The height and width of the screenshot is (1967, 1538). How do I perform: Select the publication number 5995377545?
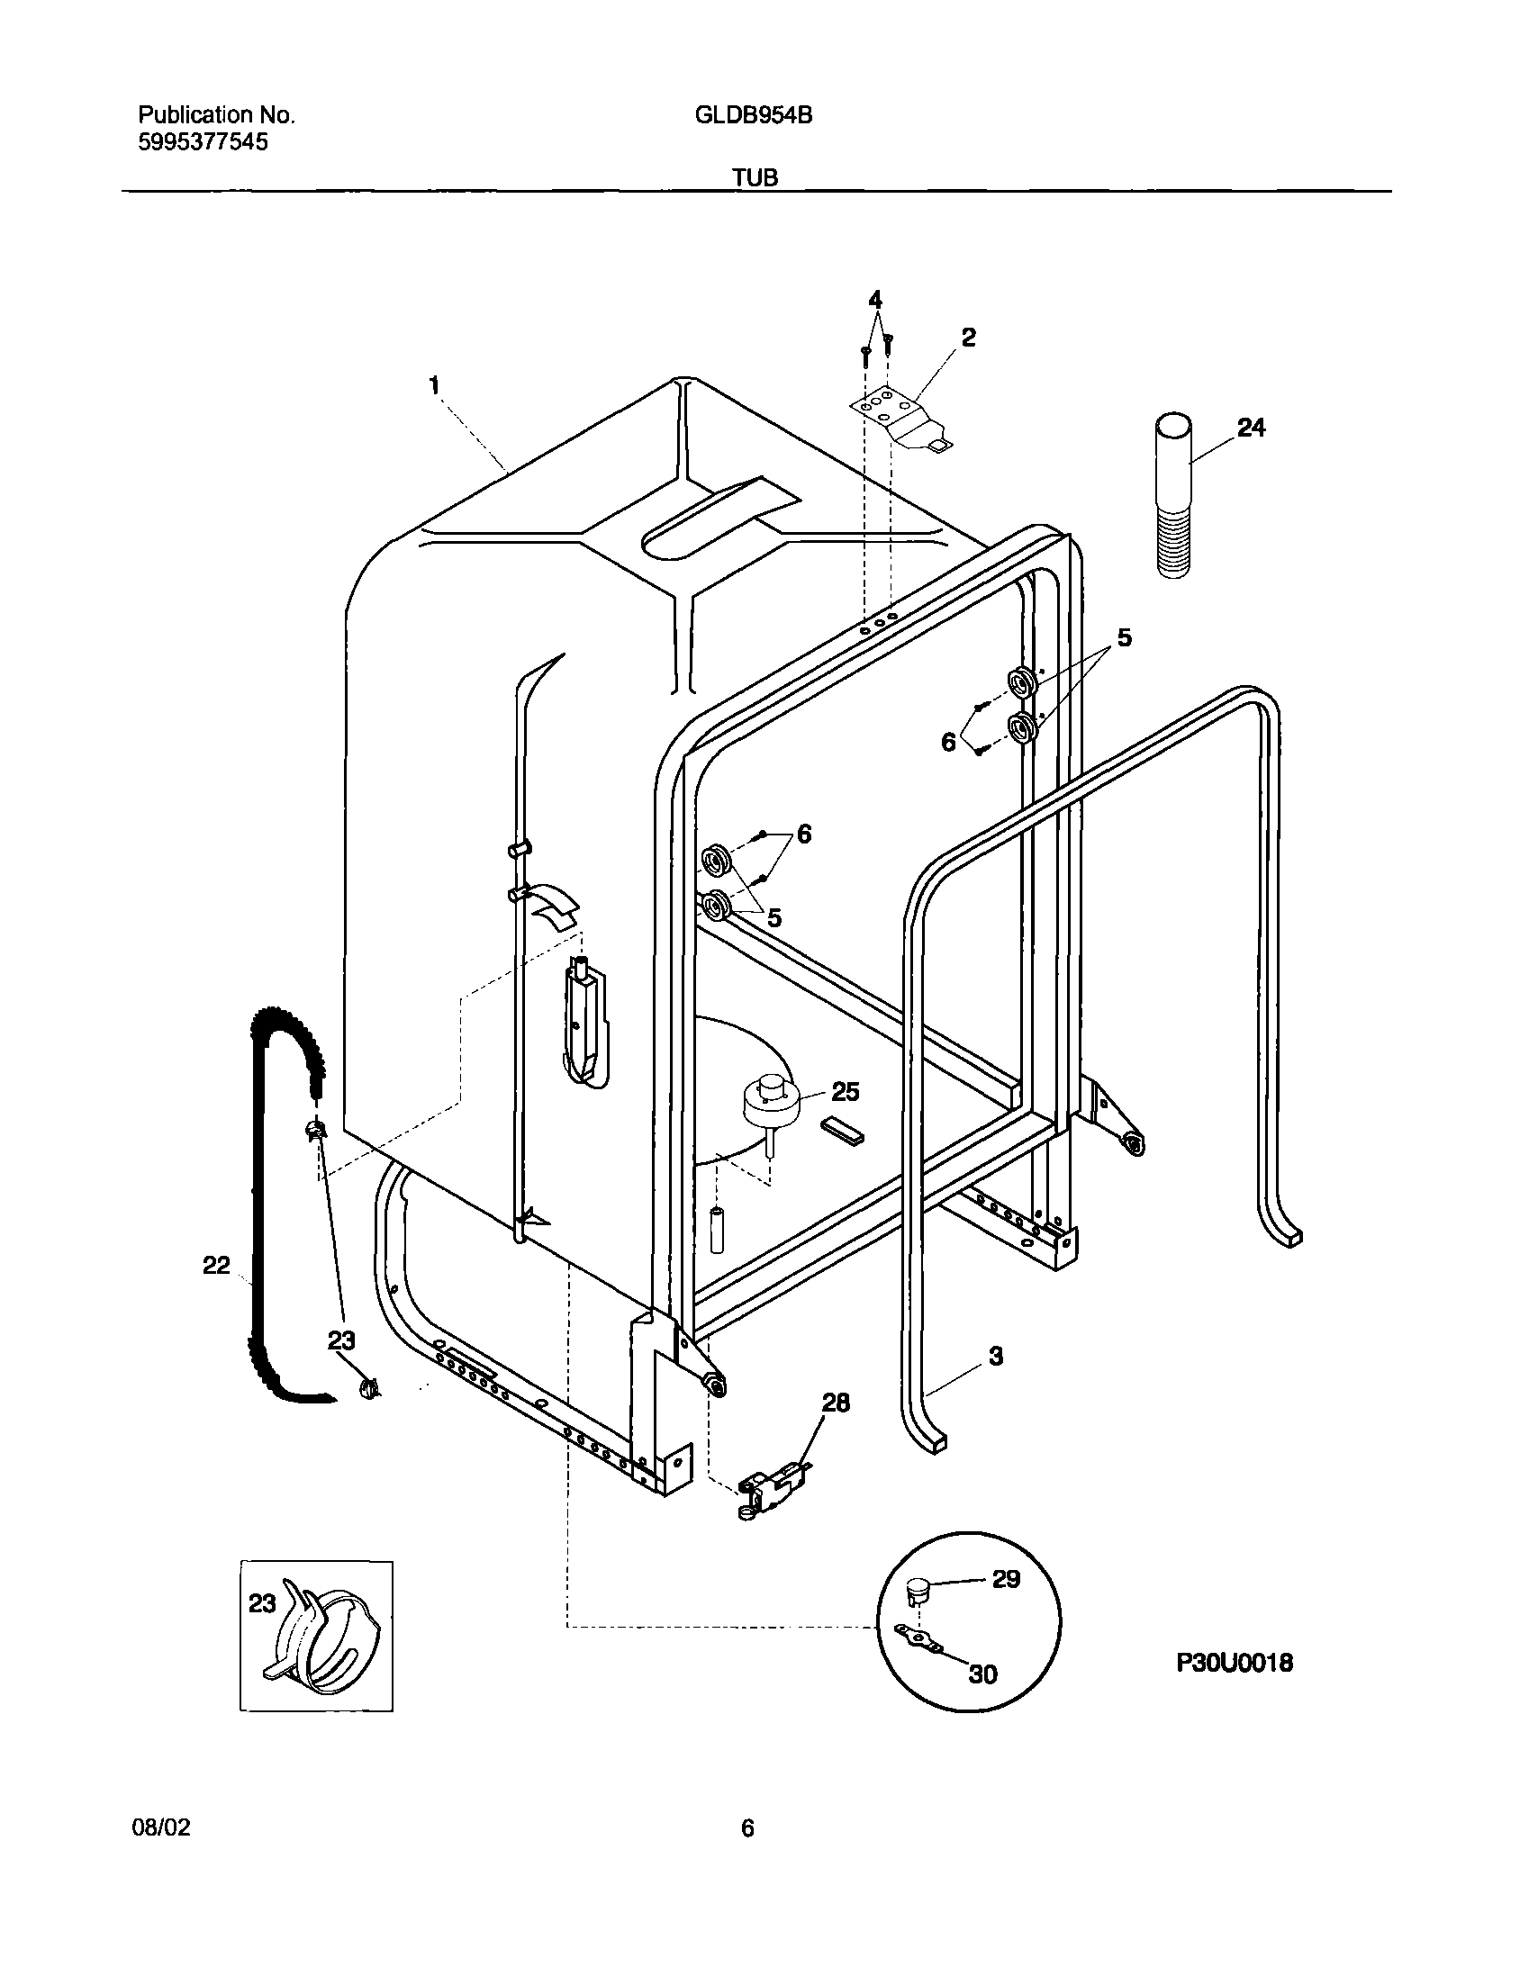point(203,142)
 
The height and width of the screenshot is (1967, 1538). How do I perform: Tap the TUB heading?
point(754,178)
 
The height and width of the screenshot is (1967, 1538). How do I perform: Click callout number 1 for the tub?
point(435,386)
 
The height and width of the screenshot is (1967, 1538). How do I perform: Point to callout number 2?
point(968,338)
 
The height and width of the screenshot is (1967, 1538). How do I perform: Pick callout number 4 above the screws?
point(875,300)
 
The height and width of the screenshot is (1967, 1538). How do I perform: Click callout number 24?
point(1251,429)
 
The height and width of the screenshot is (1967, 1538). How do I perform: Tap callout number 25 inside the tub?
point(845,1092)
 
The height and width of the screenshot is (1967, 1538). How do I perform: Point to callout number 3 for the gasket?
point(996,1382)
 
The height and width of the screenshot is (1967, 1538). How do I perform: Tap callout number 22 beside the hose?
point(216,1266)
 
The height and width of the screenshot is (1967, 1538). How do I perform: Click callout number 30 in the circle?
point(982,1674)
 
